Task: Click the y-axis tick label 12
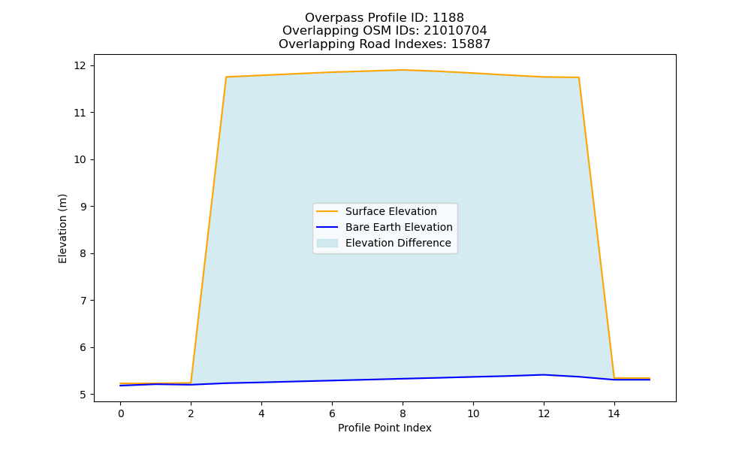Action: (80, 65)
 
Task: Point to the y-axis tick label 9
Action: (84, 207)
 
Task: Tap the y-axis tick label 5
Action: (84, 395)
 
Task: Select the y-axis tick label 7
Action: (84, 301)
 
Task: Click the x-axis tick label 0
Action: (121, 413)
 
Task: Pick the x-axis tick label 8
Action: (403, 413)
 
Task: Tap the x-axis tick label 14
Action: (614, 413)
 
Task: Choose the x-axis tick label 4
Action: (261, 413)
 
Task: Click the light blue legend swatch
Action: (327, 243)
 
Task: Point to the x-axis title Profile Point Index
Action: (385, 428)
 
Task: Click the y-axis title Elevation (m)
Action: (62, 229)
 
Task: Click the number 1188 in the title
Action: (448, 18)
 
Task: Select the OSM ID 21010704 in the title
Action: (456, 31)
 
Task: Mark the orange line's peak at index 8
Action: (403, 70)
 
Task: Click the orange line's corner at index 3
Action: (226, 77)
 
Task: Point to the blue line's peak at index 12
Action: (544, 375)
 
